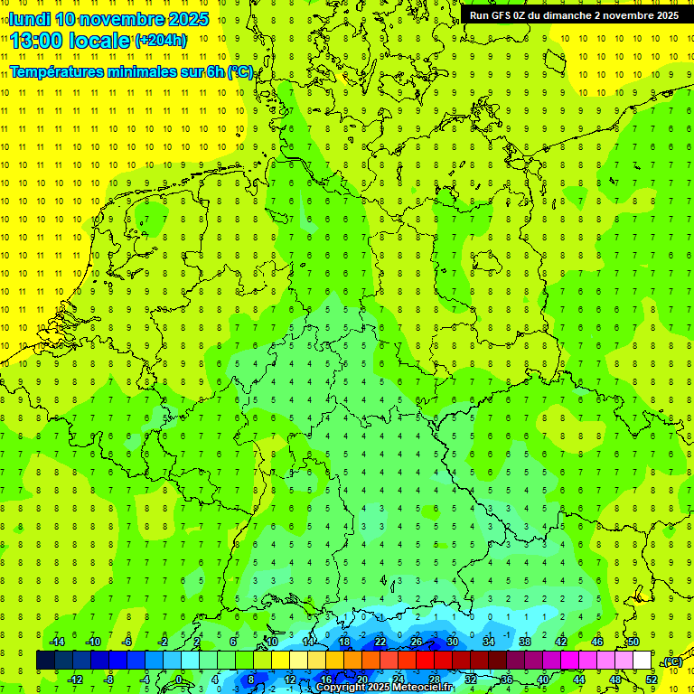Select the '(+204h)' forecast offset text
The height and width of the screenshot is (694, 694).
160,41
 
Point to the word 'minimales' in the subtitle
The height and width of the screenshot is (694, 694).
148,71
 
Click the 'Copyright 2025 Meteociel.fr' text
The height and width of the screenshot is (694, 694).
384,688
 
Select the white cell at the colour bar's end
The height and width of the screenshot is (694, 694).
642,660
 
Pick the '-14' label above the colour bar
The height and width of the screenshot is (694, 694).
56,642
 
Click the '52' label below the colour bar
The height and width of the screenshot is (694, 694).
652,679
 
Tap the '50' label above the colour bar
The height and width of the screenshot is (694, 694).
633,642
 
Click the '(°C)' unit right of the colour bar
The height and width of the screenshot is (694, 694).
671,662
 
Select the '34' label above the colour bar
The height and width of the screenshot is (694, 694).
489,642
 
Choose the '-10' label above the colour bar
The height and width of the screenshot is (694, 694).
92,642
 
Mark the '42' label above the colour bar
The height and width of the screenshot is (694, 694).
561,642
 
